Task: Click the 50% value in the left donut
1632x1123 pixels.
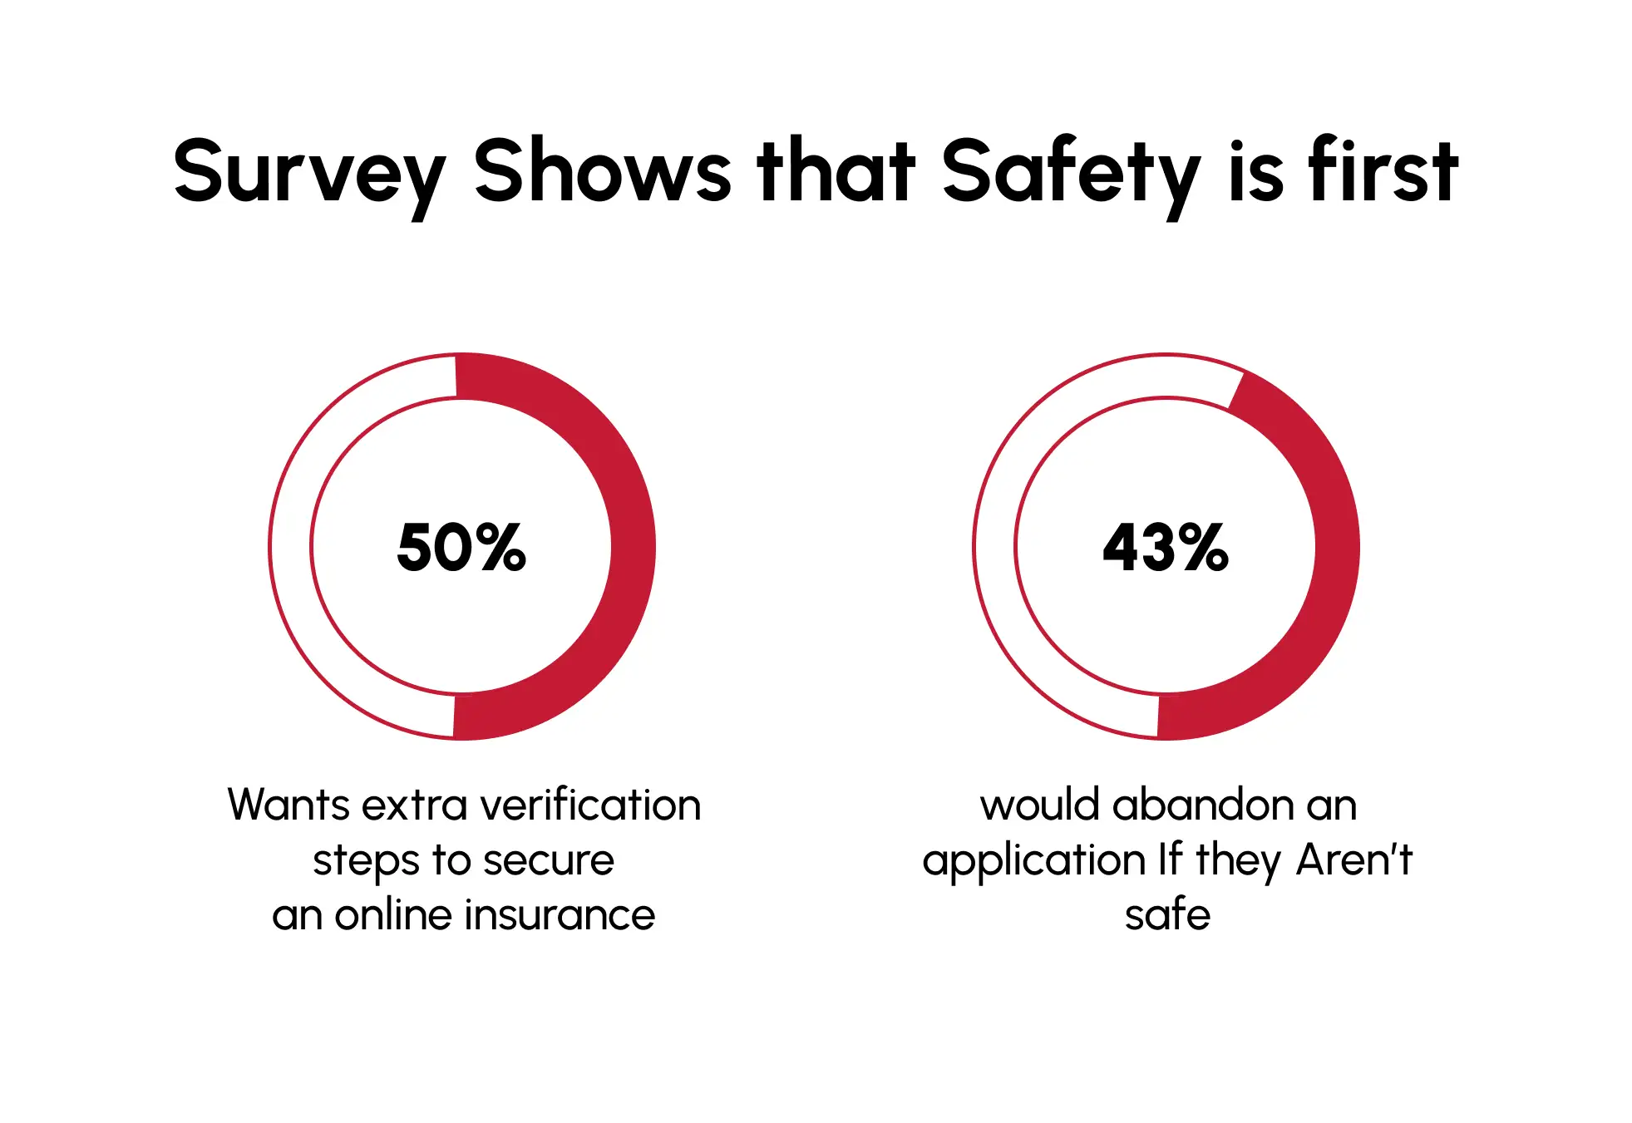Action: click(461, 548)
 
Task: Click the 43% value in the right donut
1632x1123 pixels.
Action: click(1166, 548)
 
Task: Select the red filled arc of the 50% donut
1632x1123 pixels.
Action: click(633, 546)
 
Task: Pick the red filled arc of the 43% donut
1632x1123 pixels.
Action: click(1337, 546)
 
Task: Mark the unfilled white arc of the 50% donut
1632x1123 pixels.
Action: click(290, 546)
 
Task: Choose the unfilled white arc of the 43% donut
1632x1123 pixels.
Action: click(994, 546)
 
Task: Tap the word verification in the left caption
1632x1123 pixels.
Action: click(591, 805)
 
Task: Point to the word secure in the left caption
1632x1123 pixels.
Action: click(549, 860)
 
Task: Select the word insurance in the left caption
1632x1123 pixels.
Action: click(560, 915)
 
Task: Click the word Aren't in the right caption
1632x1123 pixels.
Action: click(1354, 859)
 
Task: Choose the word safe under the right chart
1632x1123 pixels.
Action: click(1167, 915)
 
